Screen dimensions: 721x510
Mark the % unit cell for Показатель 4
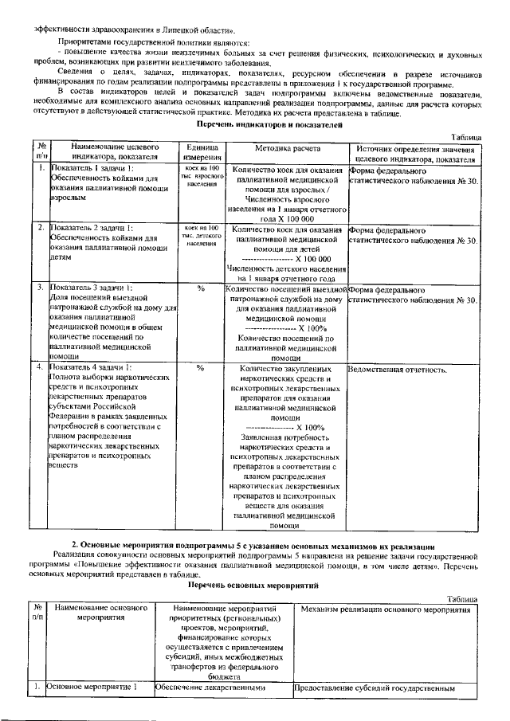coord(201,369)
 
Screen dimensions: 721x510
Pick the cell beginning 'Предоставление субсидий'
coord(375,687)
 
